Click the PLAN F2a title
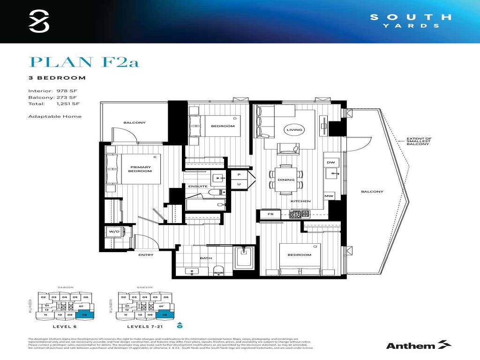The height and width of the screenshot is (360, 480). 84,62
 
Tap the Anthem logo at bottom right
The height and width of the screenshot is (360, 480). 418,345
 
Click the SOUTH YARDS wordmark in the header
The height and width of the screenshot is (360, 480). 411,21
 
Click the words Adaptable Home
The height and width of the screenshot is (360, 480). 55,116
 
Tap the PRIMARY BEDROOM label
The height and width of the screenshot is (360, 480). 141,169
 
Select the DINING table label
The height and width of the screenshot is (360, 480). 286,180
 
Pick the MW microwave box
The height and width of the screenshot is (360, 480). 329,196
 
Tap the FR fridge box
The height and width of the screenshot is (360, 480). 270,214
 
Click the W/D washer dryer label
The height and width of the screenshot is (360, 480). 114,232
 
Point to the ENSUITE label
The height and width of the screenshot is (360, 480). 198,186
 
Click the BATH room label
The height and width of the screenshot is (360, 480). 206,258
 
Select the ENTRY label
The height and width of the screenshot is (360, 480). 146,255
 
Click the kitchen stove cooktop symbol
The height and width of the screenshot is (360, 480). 300,214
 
